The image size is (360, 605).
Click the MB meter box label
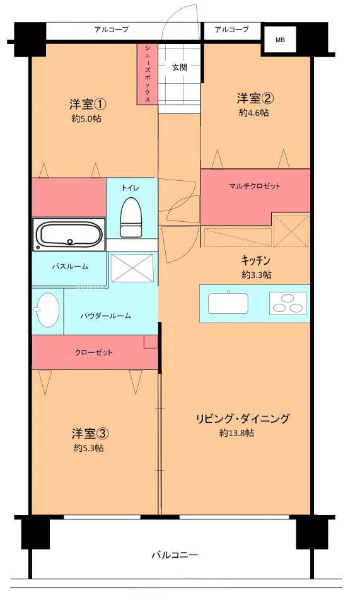click(280, 40)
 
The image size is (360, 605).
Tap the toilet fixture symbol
click(131, 217)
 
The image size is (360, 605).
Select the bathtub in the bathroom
click(69, 234)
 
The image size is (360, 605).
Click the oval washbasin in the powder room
click(47, 310)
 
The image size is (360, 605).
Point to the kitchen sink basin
click(228, 303)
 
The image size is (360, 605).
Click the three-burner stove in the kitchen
click(287, 303)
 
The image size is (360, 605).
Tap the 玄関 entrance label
click(180, 67)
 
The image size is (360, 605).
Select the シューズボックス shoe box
click(148, 74)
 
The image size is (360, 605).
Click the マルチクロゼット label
click(255, 186)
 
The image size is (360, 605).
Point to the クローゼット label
click(93, 352)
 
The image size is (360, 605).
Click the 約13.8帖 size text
click(236, 433)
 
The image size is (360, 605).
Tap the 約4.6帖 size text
click(254, 113)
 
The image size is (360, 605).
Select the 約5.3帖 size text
click(89, 448)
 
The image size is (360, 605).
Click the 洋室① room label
click(88, 104)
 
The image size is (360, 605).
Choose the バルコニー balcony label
click(175, 555)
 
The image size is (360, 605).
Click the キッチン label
click(255, 261)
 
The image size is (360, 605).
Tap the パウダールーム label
click(106, 316)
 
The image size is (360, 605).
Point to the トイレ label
click(130, 188)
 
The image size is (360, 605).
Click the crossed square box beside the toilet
click(132, 267)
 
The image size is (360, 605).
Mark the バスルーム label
click(70, 266)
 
